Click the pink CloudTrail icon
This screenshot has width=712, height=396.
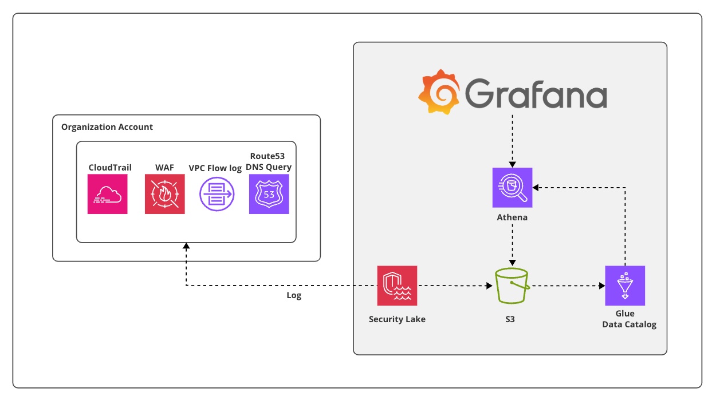[108, 195]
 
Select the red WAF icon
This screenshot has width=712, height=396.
[165, 195]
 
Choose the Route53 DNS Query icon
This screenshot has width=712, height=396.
[269, 195]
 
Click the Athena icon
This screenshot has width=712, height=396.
[513, 187]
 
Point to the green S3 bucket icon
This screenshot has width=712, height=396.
[512, 286]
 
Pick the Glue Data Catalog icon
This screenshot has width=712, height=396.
[625, 286]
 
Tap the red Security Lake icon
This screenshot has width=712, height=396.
[397, 286]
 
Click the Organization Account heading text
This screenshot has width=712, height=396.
[107, 127]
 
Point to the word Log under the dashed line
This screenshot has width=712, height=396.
[294, 296]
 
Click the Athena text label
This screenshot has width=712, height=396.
[512, 217]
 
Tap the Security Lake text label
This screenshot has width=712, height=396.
[397, 319]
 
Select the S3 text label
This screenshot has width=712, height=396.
[510, 319]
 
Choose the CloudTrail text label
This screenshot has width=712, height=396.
[110, 168]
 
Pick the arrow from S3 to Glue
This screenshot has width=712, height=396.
[567, 286]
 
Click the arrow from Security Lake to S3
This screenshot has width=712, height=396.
[455, 286]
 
